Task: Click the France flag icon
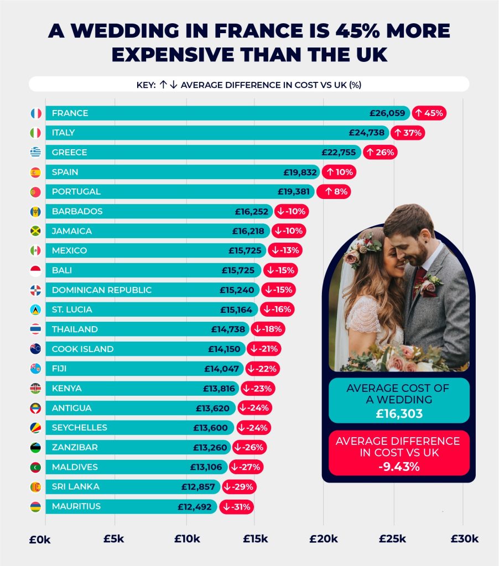pos(36,113)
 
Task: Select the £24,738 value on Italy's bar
pos(368,133)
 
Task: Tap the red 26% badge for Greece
pos(380,153)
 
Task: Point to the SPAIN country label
pos(65,172)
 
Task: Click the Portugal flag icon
pos(36,192)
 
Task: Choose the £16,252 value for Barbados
pos(252,211)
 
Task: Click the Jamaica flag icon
pos(36,231)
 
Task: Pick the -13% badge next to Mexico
pos(285,250)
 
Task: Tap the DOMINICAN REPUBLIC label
pos(101,290)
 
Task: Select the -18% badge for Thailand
pos(268,329)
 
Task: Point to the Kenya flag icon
pos(36,388)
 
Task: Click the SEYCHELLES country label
pos(79,427)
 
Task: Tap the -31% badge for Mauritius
pos(237,506)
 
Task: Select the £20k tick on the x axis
pos(324,539)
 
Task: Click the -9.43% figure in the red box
pos(398,467)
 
